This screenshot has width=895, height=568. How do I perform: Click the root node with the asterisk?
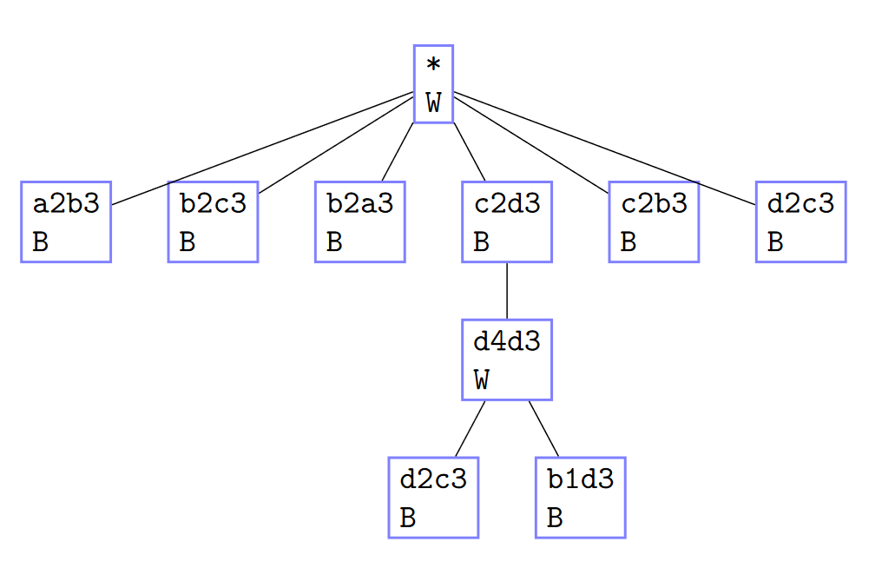tap(433, 84)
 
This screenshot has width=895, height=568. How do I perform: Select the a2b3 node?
tap(66, 221)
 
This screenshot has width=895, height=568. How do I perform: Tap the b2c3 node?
tap(213, 221)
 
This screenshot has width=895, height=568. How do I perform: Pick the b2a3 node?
tap(359, 221)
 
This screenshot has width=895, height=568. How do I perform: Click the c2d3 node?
tap(506, 221)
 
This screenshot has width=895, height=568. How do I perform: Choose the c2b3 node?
tap(654, 221)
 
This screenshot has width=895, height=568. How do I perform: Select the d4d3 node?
tap(506, 360)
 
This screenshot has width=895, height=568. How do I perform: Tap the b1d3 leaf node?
tap(580, 498)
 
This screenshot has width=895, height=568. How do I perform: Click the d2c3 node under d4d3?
tap(433, 498)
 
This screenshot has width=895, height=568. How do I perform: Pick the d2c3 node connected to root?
tap(800, 221)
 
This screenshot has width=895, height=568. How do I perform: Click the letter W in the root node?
tap(434, 104)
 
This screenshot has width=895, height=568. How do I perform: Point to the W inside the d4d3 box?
tap(482, 380)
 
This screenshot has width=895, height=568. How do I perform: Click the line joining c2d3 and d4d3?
tap(506, 290)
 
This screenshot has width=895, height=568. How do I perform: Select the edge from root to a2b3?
tap(260, 149)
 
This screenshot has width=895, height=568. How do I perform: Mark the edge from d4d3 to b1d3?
tap(543, 428)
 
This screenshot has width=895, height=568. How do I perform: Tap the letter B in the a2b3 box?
tap(40, 242)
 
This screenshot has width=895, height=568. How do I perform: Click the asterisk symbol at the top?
tap(433, 65)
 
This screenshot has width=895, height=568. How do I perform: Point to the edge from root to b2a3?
tap(397, 152)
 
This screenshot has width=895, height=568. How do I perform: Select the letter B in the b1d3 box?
tap(556, 518)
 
